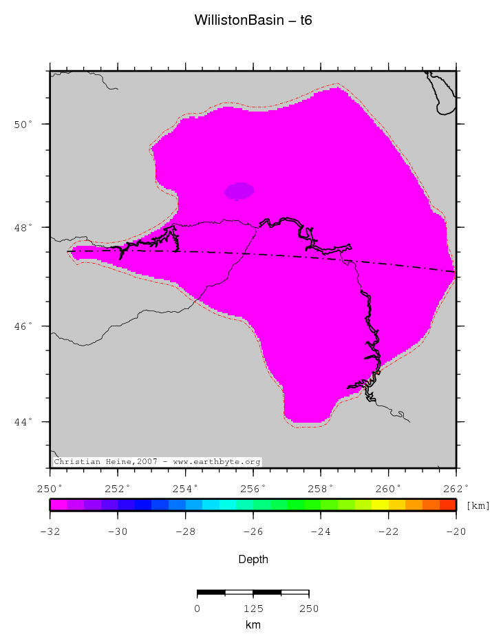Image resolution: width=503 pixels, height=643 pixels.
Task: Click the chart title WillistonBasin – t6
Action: pos(253,21)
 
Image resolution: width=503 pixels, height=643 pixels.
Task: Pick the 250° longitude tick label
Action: pos(50,489)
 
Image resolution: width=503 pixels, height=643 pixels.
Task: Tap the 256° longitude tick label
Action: pos(253,489)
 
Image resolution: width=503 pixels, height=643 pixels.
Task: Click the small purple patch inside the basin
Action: pos(239,191)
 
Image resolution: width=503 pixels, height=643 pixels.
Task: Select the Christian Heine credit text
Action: pos(157,462)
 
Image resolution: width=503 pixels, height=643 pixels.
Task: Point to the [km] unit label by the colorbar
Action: pos(478,506)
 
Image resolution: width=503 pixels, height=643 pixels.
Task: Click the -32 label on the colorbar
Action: pos(50,531)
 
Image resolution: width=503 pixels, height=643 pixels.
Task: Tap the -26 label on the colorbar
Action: pos(253,531)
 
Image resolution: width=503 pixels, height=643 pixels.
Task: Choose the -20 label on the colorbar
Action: pos(456,531)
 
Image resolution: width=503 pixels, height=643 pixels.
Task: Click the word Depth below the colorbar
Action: pos(253,560)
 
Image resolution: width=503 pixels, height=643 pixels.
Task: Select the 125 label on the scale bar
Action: pos(253,609)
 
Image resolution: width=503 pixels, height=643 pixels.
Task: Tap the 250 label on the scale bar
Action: pos(309,609)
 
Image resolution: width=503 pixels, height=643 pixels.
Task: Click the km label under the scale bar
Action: pos(253,625)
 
